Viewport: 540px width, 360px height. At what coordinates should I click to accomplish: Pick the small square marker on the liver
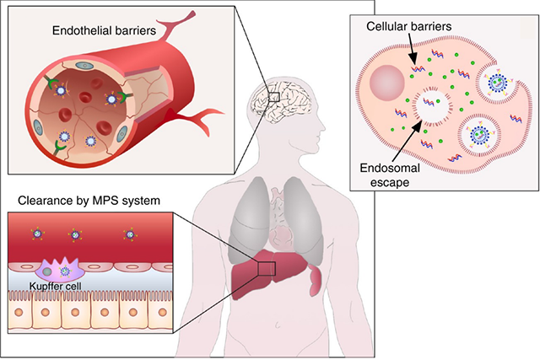click(x=266, y=268)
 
